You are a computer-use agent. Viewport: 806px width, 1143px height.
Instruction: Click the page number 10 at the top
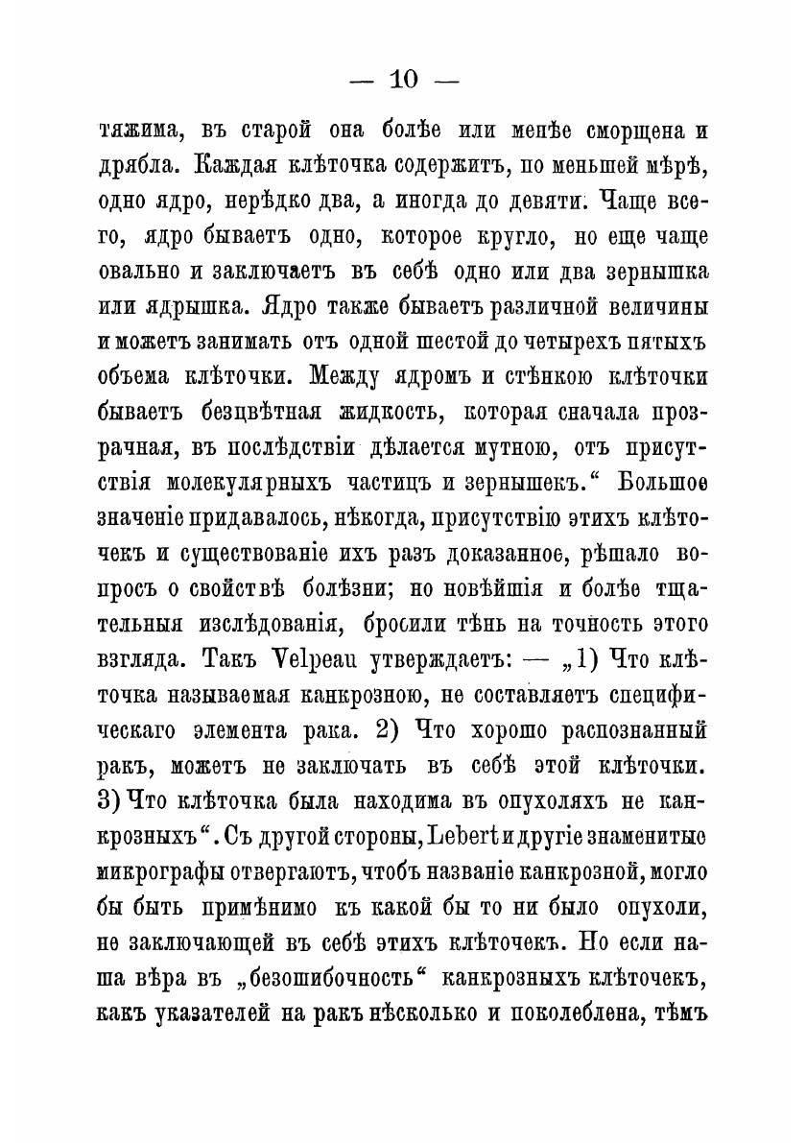coord(401,82)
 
